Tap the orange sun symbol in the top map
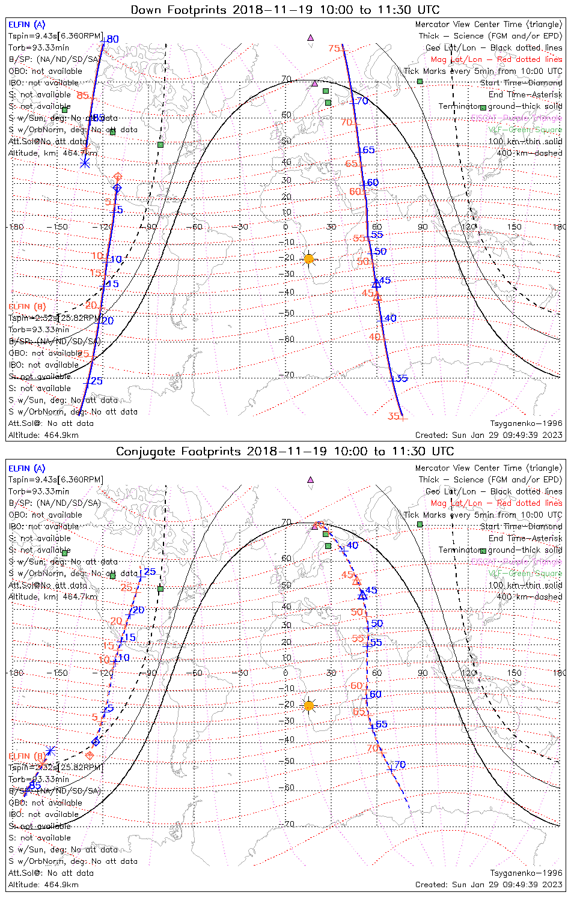tap(309, 259)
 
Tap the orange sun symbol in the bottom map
tap(309, 706)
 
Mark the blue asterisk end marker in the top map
tap(85, 163)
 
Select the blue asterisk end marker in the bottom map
tap(51, 750)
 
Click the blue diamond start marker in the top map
tap(117, 189)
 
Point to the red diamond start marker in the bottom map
tap(90, 755)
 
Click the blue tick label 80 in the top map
tap(112, 40)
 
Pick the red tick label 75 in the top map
tap(334, 49)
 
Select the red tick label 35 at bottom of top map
tap(394, 416)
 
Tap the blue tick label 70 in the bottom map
tap(400, 765)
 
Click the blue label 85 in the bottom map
tap(35, 785)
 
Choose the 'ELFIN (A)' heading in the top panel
tap(26, 25)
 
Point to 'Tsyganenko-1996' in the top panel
tap(526, 423)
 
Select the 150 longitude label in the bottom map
tap(514, 673)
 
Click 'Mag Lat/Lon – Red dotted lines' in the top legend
tap(496, 59)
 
